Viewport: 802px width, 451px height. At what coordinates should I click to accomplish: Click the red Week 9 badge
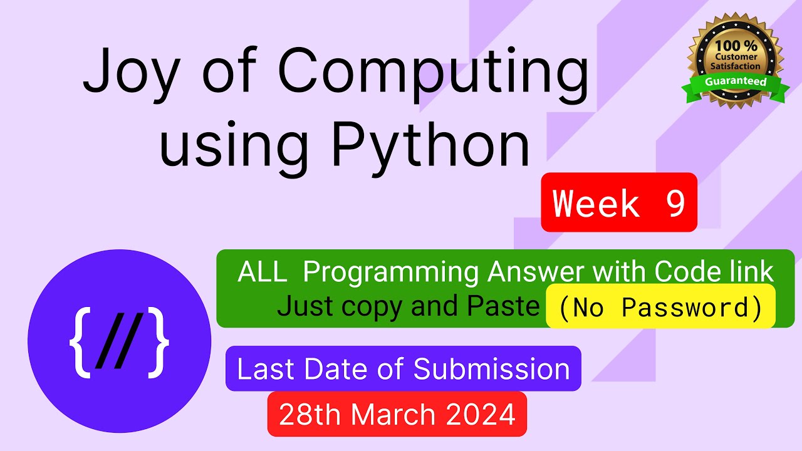619,203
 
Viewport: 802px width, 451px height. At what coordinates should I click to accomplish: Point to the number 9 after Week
675,203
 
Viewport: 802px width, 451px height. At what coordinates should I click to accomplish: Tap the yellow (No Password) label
660,307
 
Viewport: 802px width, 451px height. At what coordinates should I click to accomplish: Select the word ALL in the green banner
263,272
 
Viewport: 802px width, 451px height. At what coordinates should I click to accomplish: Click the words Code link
714,272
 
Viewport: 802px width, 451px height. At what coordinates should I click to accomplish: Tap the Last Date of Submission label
403,369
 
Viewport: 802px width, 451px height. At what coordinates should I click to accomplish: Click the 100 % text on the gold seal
736,46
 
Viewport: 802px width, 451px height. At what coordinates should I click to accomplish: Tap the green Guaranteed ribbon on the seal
736,82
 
